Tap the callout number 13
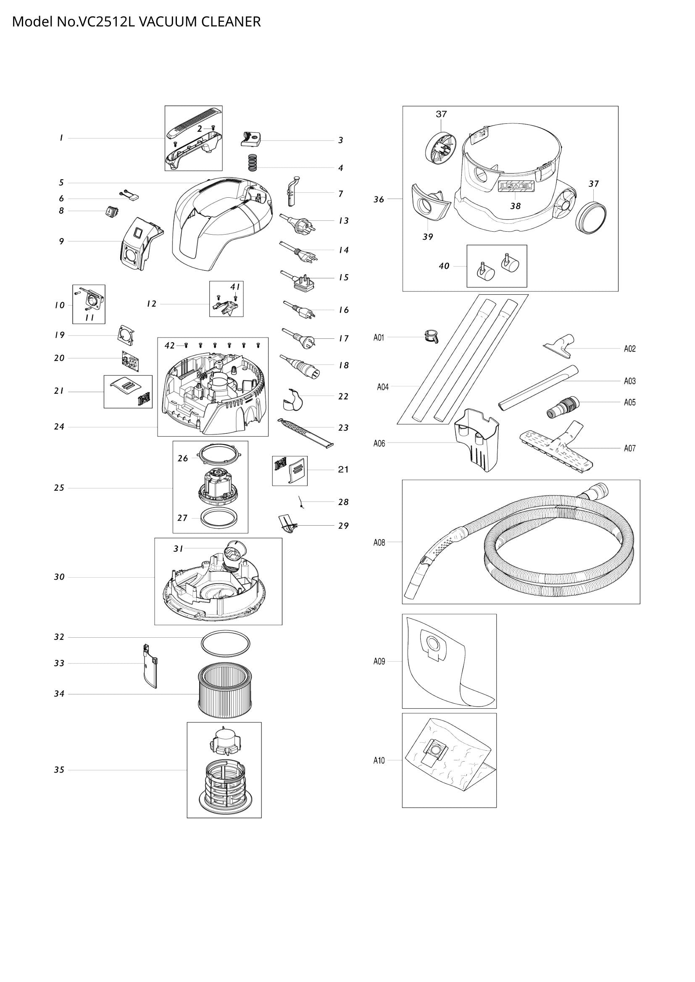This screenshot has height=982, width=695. coord(344,221)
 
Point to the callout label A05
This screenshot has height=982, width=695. coord(629,402)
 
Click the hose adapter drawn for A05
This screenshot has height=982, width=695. coord(563,407)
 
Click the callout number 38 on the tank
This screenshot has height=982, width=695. coord(515,206)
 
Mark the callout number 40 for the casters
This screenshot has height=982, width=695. coord(444,266)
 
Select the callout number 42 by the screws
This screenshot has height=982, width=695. coord(169,346)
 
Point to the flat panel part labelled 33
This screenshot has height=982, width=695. coord(149,666)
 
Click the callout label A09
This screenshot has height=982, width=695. coord(379,661)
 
